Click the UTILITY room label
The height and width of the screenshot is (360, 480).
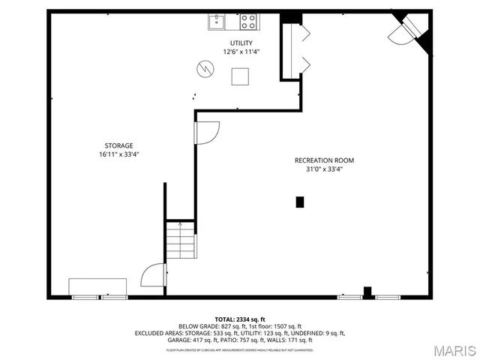(241, 43)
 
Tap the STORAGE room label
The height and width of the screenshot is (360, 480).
(118, 145)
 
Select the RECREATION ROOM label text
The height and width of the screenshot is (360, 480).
(324, 160)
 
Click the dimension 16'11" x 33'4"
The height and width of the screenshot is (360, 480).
(118, 154)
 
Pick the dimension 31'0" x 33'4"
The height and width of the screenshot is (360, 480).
(324, 169)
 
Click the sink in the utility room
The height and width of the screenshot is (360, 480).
(215, 21)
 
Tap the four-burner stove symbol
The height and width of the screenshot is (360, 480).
(247, 21)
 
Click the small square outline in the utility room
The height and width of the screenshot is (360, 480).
(240, 76)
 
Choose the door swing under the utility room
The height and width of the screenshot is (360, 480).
(206, 132)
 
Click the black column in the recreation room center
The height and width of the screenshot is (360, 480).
(300, 202)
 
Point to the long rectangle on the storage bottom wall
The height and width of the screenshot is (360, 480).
(97, 287)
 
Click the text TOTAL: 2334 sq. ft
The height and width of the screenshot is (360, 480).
(240, 319)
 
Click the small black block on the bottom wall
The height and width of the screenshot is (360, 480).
(367, 291)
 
